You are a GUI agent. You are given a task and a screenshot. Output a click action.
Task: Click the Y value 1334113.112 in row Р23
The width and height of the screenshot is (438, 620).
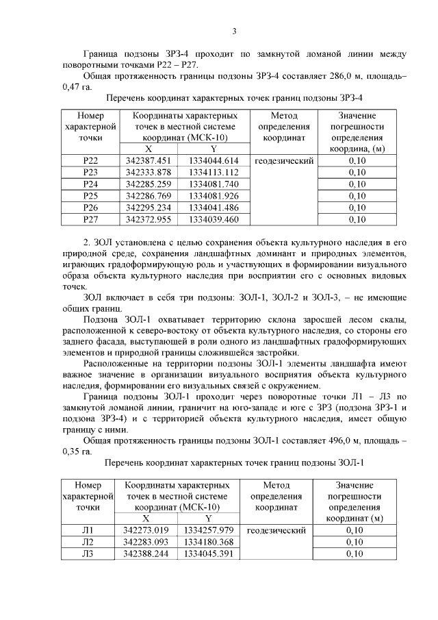coord(213,173)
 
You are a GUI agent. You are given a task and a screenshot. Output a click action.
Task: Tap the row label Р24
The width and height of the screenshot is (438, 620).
coord(90,184)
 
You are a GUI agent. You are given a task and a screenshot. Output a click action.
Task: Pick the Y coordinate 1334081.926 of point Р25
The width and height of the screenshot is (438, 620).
coord(213,196)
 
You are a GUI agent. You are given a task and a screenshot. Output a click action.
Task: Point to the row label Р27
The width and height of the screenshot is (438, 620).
coord(90,219)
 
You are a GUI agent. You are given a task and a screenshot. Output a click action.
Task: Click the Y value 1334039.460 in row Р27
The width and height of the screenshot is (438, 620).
coord(213,219)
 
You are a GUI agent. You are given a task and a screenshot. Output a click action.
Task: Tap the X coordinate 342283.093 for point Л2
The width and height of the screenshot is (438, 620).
coord(146,542)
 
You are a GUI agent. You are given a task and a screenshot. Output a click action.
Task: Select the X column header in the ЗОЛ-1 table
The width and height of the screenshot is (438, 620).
coord(146,519)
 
